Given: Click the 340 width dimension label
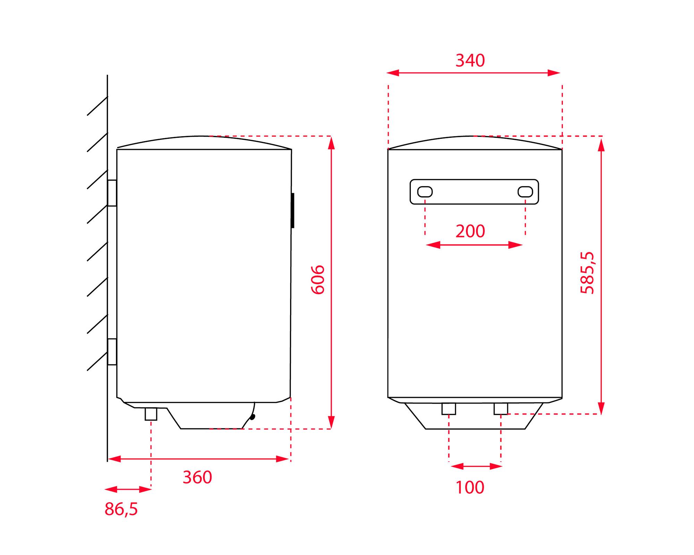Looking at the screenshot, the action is [470, 60].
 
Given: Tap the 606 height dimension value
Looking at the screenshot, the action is [318, 280].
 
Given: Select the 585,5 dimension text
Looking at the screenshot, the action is [587, 273].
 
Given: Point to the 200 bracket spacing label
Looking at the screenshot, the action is [470, 231].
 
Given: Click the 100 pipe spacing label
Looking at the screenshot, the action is [470, 487].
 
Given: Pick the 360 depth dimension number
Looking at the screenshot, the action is [197, 477].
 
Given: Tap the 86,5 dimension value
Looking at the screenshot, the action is [121, 509].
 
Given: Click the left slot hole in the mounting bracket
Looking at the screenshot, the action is [425, 192].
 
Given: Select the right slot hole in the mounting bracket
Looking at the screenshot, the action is [525, 192].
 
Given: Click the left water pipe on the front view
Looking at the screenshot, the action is [449, 409].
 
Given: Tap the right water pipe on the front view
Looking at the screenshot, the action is [501, 409].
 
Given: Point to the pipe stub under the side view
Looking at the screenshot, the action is [151, 414].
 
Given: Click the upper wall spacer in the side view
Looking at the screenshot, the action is [112, 193].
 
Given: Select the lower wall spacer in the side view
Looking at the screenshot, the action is [112, 352].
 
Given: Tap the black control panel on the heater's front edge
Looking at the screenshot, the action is [293, 211].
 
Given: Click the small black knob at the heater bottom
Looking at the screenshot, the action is [252, 417].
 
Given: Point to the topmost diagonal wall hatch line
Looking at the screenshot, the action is [97, 106].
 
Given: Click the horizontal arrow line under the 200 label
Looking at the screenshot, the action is [474, 245].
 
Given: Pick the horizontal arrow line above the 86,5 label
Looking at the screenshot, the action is [128, 489].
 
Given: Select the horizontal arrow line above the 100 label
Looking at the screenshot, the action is [476, 467].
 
